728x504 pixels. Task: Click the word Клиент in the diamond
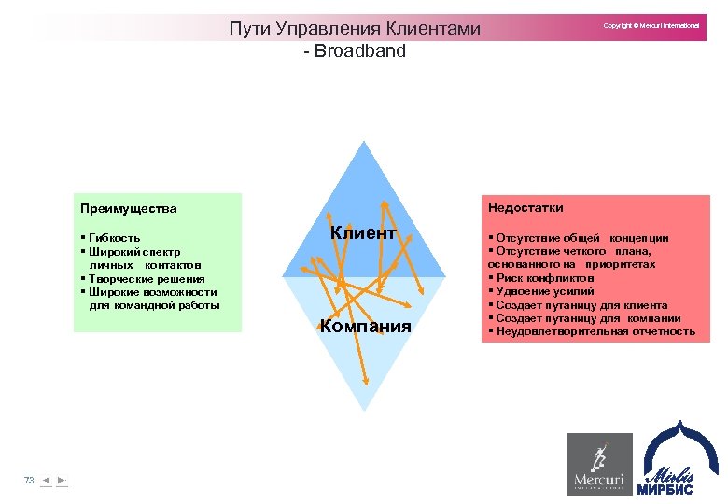[363, 233]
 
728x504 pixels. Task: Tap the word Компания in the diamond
[365, 326]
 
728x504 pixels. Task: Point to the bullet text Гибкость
[114, 238]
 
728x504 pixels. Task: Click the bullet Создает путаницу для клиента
[581, 305]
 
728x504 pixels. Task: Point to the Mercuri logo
[598, 464]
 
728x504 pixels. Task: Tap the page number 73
[29, 480]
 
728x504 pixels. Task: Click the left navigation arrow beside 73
[47, 480]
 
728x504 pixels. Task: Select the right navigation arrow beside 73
[61, 480]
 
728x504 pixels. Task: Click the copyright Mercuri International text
[651, 26]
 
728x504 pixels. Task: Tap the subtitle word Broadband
[360, 51]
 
